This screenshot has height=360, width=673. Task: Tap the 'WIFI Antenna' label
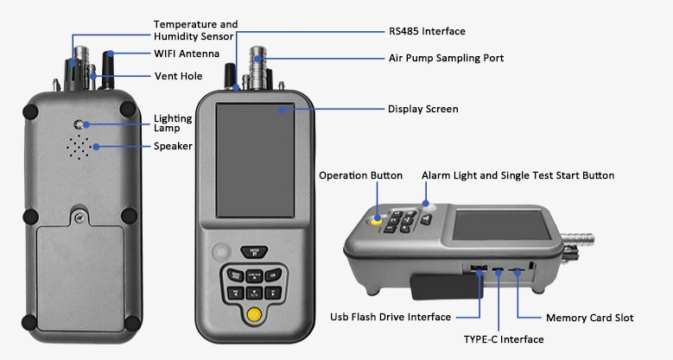pyautogui.click(x=186, y=54)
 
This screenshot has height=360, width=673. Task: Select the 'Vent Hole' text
pyautogui.click(x=178, y=76)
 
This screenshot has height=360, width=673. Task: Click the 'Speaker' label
pyautogui.click(x=173, y=146)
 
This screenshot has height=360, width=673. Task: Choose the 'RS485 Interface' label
pyautogui.click(x=426, y=31)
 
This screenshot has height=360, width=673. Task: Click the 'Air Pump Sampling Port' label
pyautogui.click(x=446, y=58)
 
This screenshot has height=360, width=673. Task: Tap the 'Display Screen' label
pyautogui.click(x=422, y=110)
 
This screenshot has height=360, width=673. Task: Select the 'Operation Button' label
pyautogui.click(x=360, y=175)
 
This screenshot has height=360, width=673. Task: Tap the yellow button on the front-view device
pyautogui.click(x=253, y=314)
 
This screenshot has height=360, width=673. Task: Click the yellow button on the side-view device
pyautogui.click(x=378, y=220)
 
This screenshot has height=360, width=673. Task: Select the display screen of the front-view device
pyautogui.click(x=254, y=159)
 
